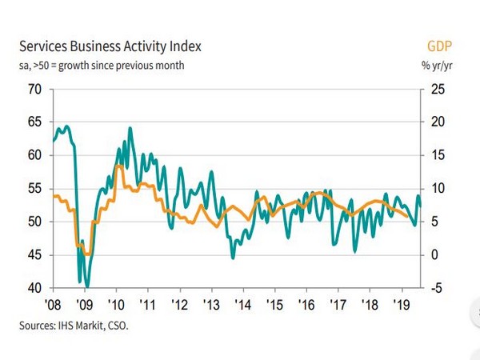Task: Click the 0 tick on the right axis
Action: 433,255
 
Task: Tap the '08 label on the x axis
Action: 54,305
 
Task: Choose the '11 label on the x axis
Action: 147,305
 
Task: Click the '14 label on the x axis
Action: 242,305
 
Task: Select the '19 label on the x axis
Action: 399,305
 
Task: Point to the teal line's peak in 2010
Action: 130,128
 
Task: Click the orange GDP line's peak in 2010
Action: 118,166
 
